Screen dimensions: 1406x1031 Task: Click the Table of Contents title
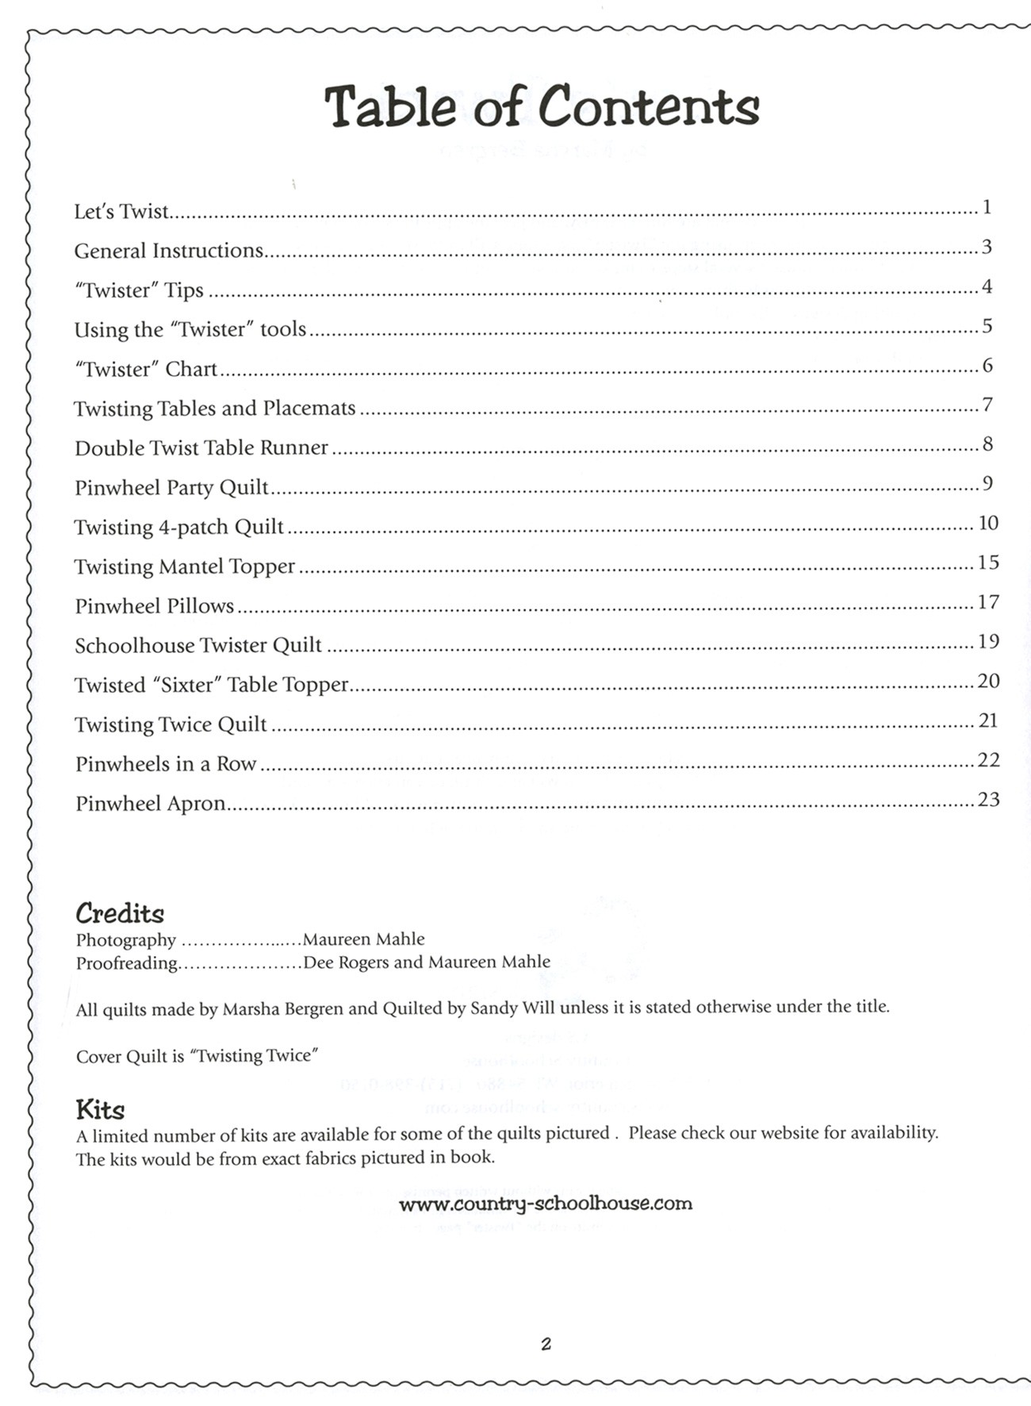542,106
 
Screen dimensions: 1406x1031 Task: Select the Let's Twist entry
121,212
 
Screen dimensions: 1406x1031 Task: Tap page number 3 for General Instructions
987,247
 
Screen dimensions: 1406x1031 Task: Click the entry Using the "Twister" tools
190,329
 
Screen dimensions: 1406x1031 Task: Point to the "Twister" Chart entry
145,369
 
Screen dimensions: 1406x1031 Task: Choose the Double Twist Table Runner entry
201,448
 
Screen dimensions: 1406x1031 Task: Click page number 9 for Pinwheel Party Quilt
987,483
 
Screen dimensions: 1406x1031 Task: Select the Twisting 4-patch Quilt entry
178,527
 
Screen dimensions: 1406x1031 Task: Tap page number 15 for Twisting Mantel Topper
988,563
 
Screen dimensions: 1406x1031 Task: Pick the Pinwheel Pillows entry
154,606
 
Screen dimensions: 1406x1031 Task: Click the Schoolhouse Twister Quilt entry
197,645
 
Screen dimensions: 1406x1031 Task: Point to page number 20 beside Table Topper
988,681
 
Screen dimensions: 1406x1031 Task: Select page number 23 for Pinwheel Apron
988,799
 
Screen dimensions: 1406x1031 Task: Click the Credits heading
120,913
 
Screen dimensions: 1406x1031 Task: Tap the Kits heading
100,1108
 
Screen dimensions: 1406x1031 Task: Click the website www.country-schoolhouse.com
546,1204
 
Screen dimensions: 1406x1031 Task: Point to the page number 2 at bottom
546,1344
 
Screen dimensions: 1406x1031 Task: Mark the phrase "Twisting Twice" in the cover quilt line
257,1056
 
